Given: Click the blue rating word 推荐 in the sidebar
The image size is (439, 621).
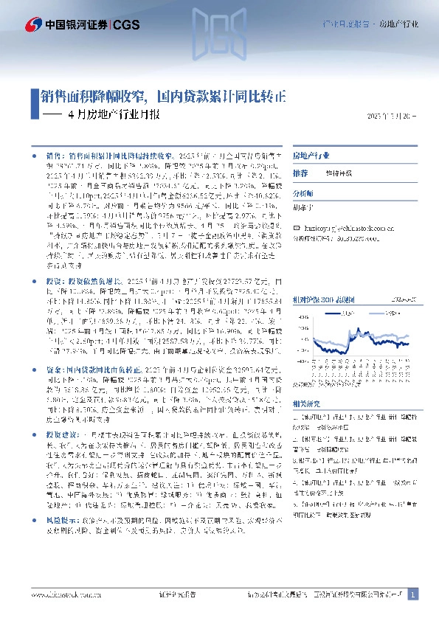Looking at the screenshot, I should [x=300, y=173].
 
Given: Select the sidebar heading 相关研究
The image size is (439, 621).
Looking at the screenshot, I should [x=307, y=404].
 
